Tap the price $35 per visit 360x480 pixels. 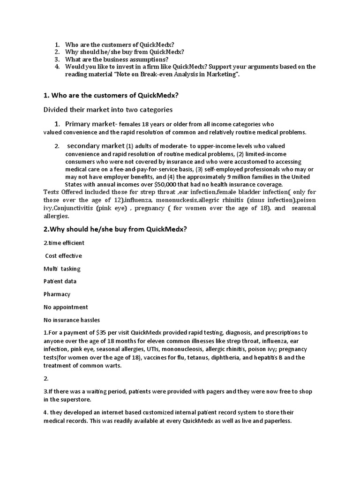(102, 332)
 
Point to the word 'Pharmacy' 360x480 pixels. (57, 294)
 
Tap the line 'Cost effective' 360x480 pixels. (63, 256)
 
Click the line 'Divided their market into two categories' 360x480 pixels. (108, 110)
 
